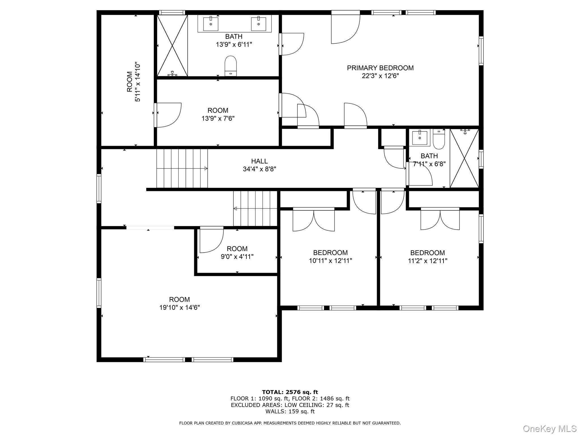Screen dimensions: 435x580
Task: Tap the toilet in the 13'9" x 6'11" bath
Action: [231, 66]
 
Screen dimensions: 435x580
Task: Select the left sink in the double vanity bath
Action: [211, 24]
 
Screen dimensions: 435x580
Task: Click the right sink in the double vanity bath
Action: [259, 24]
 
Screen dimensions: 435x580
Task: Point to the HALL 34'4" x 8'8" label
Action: [259, 165]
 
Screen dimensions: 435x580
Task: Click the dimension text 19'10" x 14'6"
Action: [180, 308]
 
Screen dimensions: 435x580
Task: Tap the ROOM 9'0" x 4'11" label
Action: [237, 253]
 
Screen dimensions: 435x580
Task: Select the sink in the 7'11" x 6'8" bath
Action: [419, 138]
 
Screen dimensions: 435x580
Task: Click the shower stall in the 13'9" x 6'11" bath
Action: [172, 45]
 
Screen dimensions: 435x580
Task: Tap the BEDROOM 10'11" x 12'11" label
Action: [330, 257]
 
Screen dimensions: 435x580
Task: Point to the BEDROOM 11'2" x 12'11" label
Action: [427, 257]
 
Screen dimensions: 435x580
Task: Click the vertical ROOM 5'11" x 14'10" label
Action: [133, 82]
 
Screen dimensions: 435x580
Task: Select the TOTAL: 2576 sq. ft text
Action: [290, 392]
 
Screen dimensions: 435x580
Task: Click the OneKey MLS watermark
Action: [550, 428]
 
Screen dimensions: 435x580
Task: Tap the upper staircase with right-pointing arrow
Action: [182, 169]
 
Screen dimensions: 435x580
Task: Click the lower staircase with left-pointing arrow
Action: [255, 209]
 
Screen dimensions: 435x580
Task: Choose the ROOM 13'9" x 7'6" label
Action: [218, 114]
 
